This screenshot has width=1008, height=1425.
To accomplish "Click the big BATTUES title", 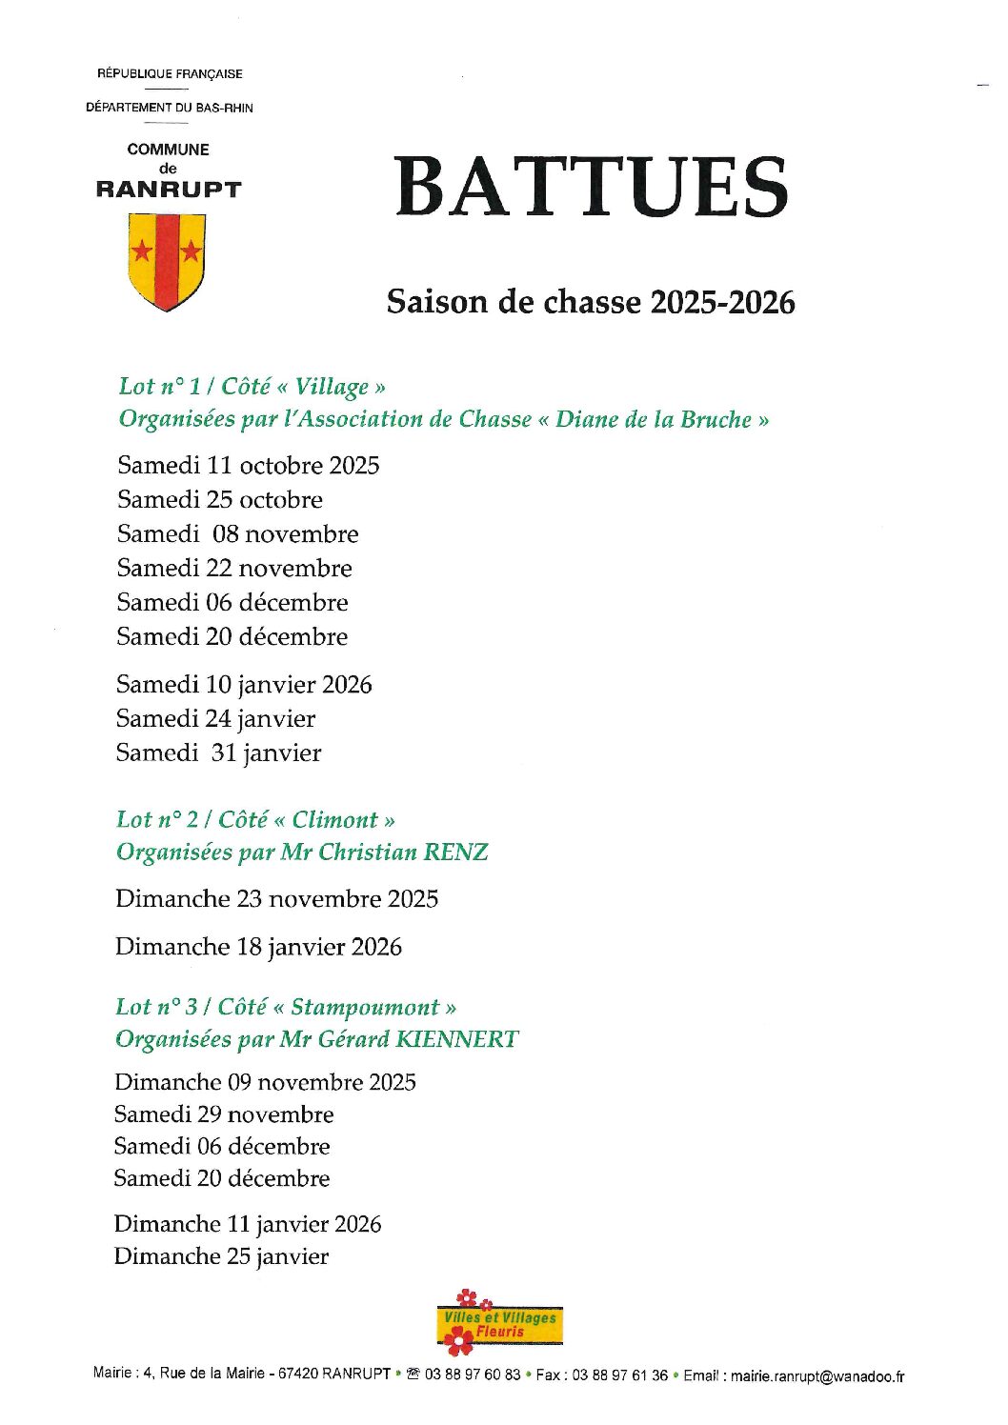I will click(x=592, y=187).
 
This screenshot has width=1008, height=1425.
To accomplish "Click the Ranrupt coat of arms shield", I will click(x=167, y=260).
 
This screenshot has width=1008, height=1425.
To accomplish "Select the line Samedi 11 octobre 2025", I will click(x=248, y=466).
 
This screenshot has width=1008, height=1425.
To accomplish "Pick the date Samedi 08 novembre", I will click(x=237, y=534).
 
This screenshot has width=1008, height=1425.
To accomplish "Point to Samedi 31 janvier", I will click(x=218, y=753).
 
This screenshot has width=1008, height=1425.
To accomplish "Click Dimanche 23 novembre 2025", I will click(x=276, y=899).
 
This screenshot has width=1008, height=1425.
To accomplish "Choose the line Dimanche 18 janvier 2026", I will click(x=258, y=947).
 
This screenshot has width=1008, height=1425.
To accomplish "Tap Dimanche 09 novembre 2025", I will click(x=265, y=1082).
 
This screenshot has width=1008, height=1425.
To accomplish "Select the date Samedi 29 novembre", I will click(x=224, y=1114).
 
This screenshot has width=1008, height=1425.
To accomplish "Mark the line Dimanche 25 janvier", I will click(x=221, y=1256).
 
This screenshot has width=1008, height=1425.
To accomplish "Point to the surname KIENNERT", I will click(x=456, y=1038).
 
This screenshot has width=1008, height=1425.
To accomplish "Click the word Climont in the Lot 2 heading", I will click(x=334, y=820).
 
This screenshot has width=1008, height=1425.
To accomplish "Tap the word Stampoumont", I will click(x=365, y=1007).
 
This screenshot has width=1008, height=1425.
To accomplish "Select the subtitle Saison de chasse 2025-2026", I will click(x=591, y=302).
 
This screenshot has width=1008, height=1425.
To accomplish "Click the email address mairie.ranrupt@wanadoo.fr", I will click(x=817, y=1375).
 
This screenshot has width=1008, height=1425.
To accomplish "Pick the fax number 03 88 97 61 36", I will click(x=619, y=1375).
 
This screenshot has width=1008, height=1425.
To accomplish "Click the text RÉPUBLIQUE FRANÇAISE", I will click(x=170, y=73).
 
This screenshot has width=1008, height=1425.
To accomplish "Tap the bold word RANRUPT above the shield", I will click(x=168, y=189).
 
